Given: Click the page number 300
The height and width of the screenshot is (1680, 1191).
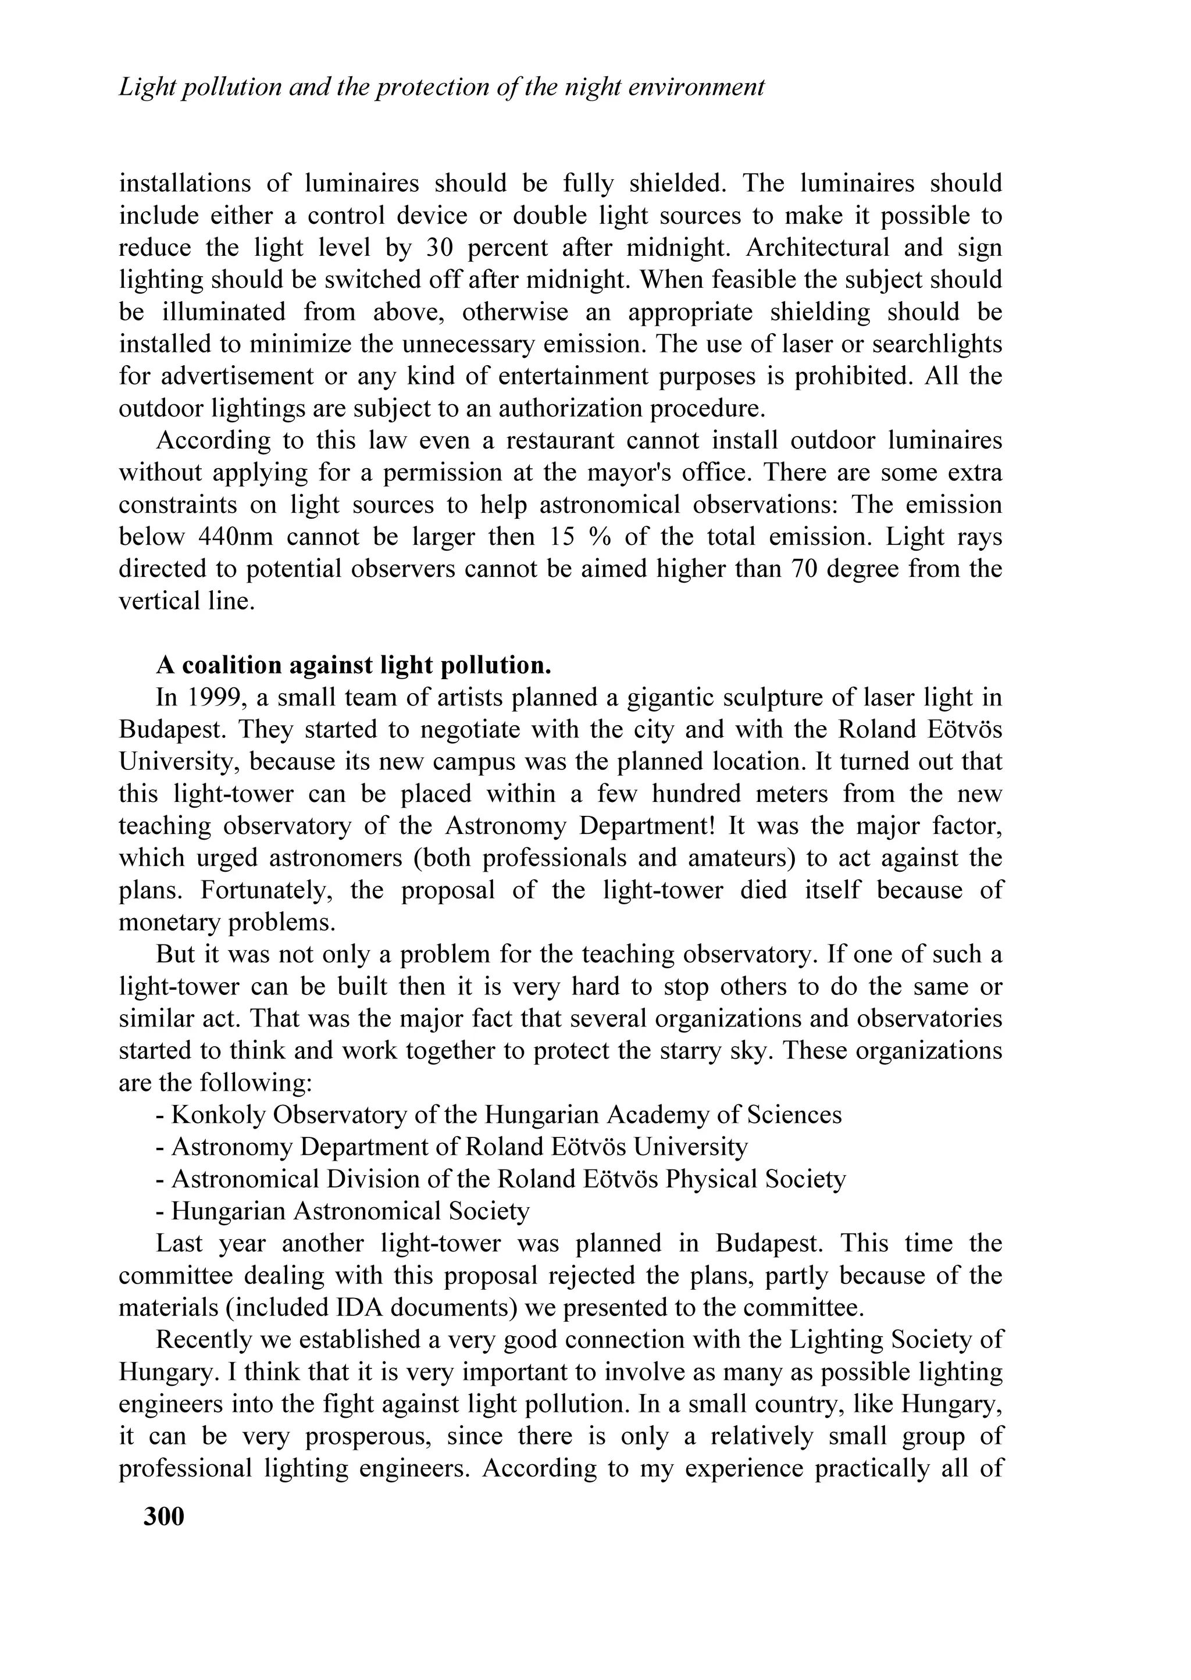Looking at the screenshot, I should click(164, 1516).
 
